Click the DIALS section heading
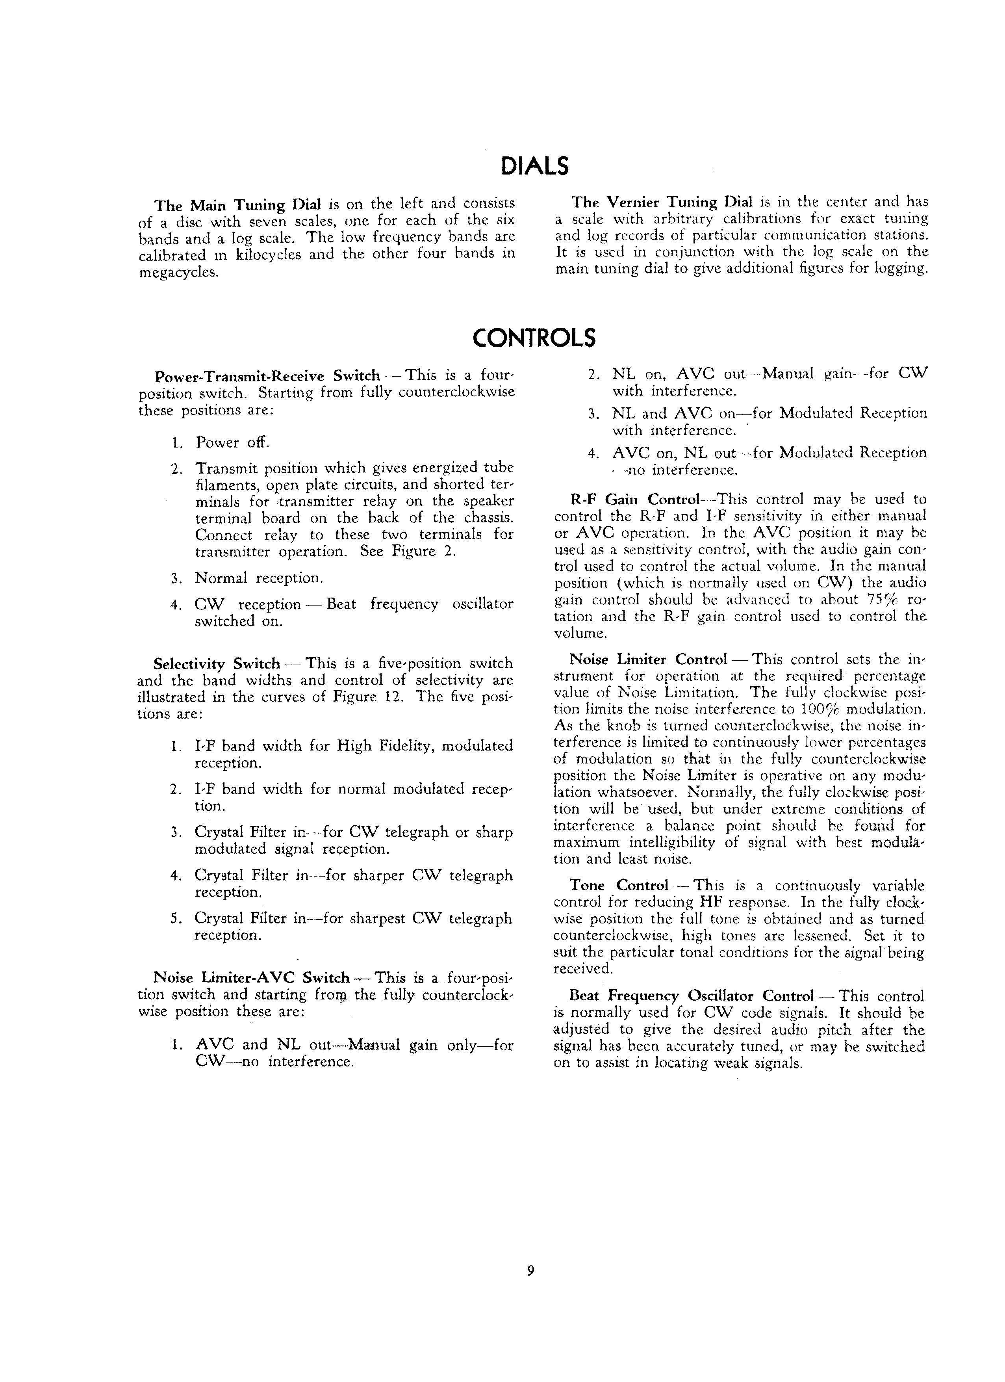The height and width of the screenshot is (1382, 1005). click(x=534, y=166)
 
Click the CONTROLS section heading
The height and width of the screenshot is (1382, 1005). click(x=534, y=338)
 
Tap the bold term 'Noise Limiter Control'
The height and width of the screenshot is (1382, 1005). click(x=648, y=660)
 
